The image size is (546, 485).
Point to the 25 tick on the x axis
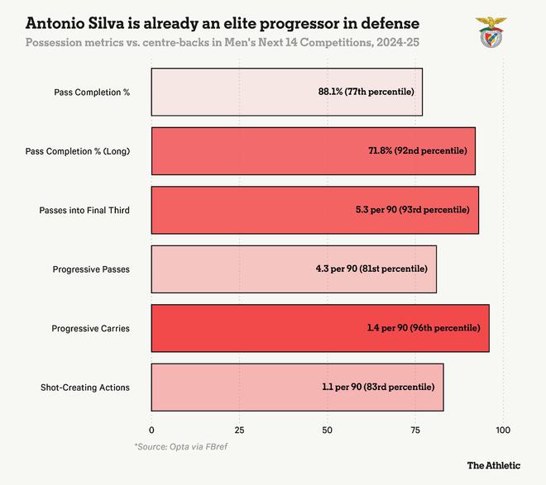239,430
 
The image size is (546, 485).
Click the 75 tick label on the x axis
415,430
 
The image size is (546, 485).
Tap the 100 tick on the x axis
503,430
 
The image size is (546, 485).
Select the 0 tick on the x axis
151,430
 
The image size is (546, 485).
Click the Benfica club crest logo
486,32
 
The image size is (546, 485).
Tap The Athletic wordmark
494,465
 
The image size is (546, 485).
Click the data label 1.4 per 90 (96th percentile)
424,328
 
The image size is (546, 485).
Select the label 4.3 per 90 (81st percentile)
371,269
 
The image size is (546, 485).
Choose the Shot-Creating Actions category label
85,388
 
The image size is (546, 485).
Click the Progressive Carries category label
90,328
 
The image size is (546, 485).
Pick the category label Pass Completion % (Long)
78,151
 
